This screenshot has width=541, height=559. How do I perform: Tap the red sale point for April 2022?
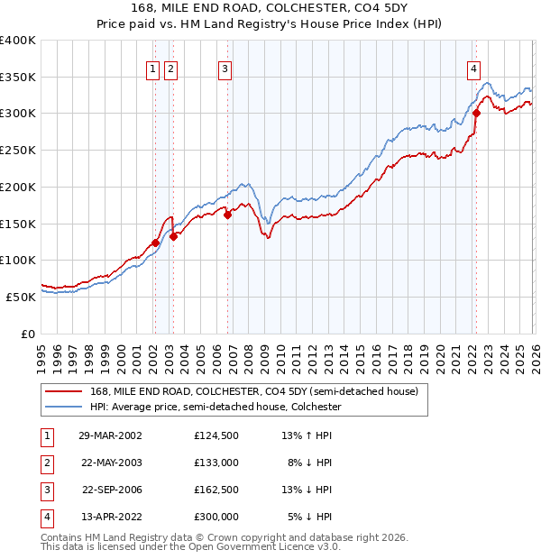coord(476,114)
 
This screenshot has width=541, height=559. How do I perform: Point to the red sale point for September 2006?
coord(228,214)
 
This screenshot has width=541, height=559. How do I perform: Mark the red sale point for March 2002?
coord(155,242)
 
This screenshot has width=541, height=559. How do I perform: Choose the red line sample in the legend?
coord(64,392)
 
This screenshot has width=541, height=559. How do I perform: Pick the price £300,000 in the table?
coord(216,517)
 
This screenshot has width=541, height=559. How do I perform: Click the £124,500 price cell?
coord(216,435)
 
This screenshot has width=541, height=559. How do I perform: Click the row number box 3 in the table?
coord(44,490)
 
